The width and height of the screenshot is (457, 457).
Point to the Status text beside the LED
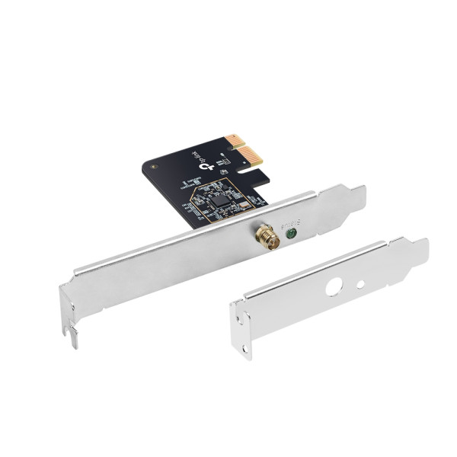[x=290, y=225]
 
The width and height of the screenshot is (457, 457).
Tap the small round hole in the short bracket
[x=360, y=285]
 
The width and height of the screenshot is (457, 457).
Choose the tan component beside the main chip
[x=244, y=203]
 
